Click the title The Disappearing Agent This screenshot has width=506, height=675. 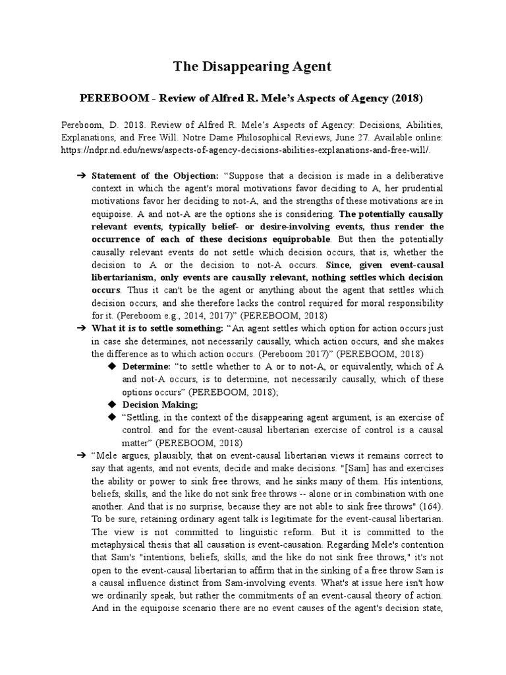tap(252, 66)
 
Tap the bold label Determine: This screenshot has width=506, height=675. tap(146, 366)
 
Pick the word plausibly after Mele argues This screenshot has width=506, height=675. tap(175, 455)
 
